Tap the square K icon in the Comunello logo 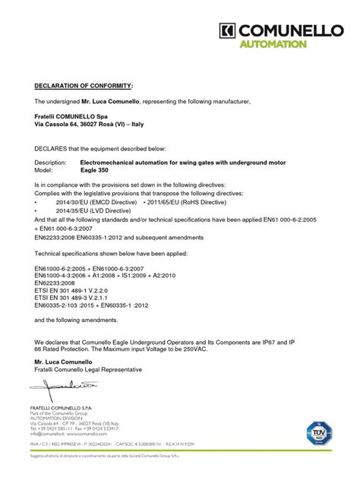pos(226,30)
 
